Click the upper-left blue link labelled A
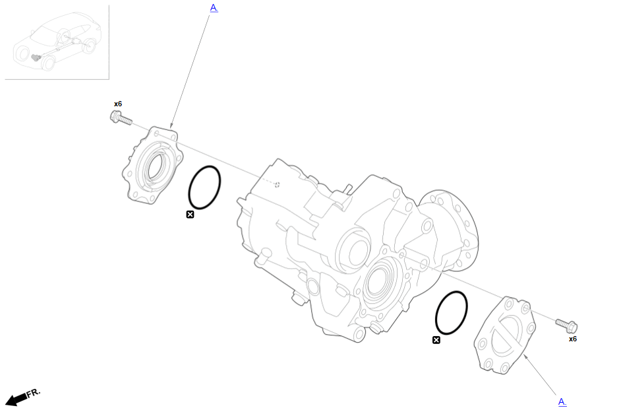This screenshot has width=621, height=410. (214, 7)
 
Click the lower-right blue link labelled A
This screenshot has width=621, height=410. (562, 401)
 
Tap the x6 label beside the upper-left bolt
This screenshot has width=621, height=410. (118, 104)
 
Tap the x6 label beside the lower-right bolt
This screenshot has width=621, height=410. (573, 339)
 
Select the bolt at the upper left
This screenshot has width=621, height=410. (121, 118)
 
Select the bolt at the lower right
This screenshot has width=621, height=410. (567, 325)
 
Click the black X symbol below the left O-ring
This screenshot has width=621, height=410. (190, 215)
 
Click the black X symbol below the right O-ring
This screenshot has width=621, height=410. (436, 340)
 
